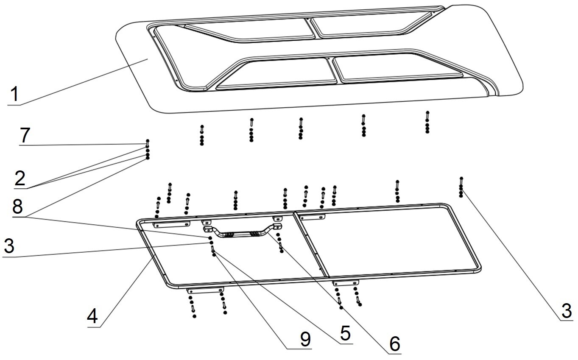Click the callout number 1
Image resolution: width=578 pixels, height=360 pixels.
pos(14,94)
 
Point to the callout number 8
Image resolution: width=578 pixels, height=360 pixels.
pos(18,208)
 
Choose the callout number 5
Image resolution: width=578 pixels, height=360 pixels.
pos(345,334)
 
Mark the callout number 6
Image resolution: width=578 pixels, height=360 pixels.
pos(394,344)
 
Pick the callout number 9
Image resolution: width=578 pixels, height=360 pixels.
pos(305,339)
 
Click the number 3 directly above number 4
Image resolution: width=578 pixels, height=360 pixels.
pos(9,247)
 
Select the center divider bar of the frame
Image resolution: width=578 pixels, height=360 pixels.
pos(311,246)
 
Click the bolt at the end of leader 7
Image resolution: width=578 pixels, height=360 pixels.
pos(148,141)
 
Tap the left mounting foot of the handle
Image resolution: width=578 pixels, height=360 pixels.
pos(208,229)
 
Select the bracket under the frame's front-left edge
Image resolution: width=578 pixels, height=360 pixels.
pos(205,290)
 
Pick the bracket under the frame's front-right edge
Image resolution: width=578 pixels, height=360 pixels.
pos(346,282)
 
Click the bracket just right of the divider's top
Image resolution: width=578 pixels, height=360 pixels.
pos(312,217)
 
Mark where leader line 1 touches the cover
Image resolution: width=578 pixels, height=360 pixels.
pos(147,59)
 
